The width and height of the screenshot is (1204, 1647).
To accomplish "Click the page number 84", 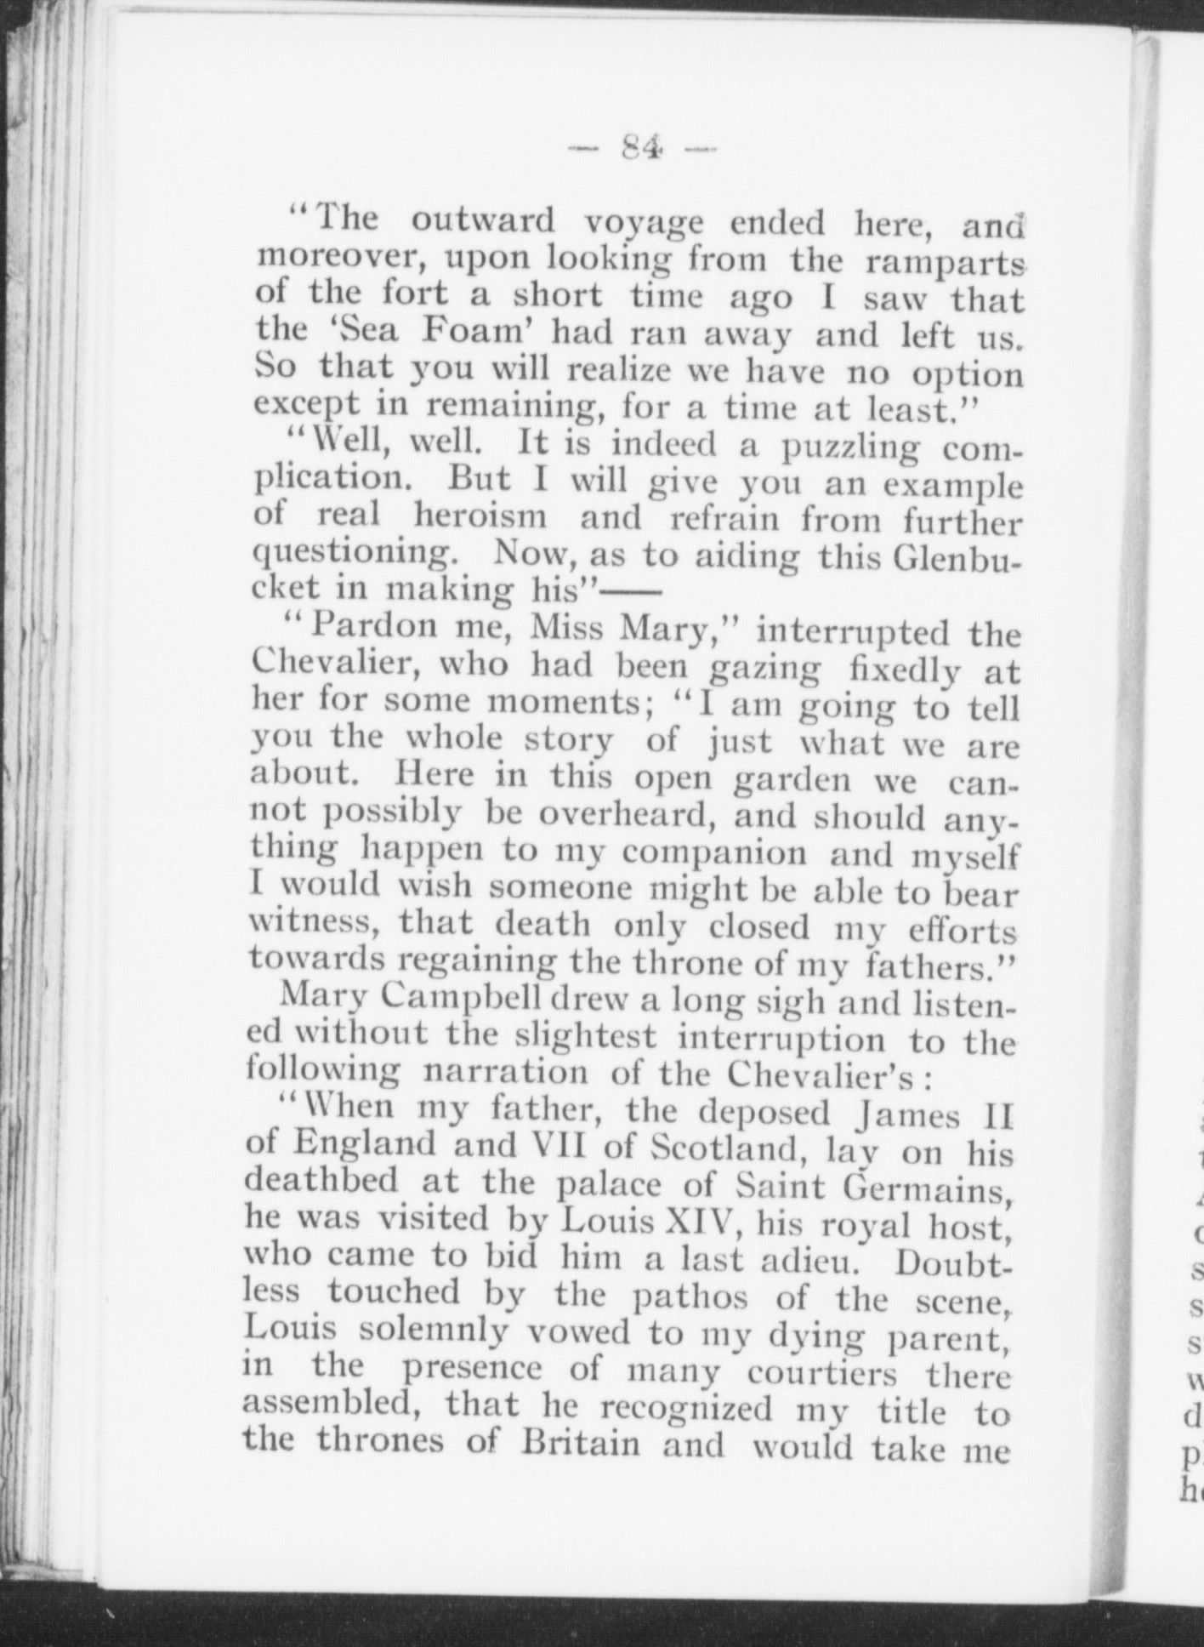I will [x=642, y=149].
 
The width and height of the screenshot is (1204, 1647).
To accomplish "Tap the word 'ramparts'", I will [x=944, y=261].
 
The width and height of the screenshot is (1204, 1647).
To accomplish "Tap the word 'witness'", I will [x=313, y=923].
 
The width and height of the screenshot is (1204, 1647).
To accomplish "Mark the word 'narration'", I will [x=505, y=1072].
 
